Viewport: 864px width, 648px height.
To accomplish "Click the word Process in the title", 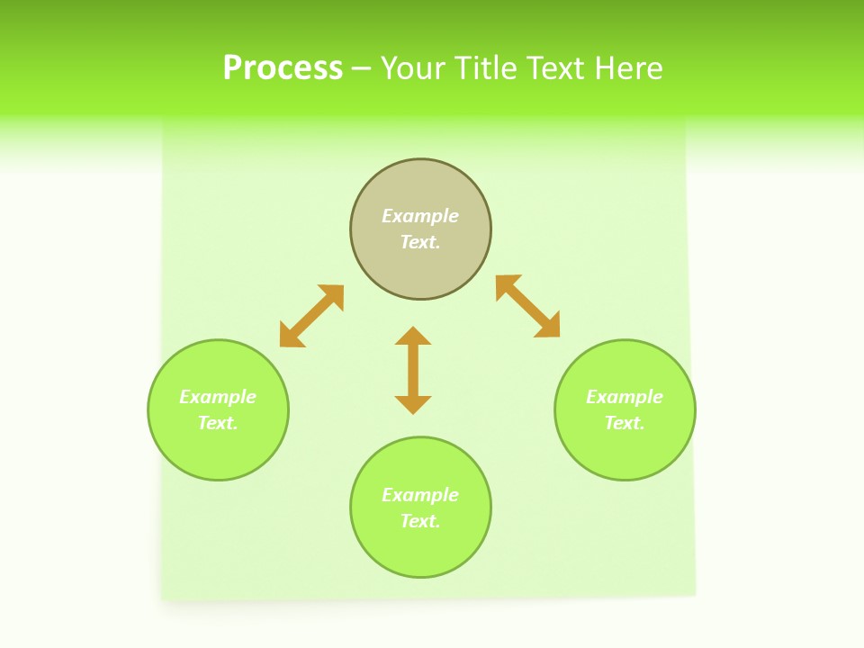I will point(283,68).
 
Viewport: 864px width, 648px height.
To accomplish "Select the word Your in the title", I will point(415,68).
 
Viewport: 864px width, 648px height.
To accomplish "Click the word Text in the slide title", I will point(558,68).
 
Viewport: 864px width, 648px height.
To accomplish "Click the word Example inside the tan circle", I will point(420,216).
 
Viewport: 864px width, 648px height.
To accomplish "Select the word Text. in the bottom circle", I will point(420,521).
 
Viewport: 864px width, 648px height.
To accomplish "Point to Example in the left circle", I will point(218,397).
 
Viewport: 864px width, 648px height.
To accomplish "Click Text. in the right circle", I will point(625,423).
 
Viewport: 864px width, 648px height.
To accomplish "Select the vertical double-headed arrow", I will point(413,371).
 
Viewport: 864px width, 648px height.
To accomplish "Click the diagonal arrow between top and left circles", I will point(311,316).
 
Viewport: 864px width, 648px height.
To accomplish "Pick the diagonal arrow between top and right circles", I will point(527,306).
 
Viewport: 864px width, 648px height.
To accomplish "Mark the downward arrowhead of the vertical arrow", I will point(413,404).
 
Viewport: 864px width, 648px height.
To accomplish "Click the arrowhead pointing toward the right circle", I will point(548,326).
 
